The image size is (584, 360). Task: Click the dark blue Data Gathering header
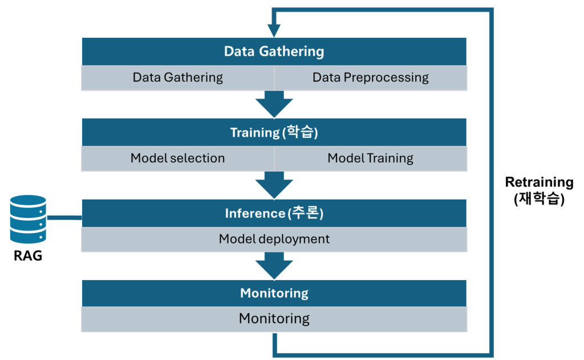click(274, 51)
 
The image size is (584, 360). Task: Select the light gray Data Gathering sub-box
click(177, 78)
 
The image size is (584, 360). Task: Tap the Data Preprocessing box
click(370, 78)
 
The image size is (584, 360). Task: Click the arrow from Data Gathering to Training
click(274, 104)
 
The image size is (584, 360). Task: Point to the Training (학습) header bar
click(274, 132)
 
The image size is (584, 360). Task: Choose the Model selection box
click(177, 158)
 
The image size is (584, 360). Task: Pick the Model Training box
click(370, 158)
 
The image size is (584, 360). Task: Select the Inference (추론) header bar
click(274, 213)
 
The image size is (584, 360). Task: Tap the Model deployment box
click(274, 239)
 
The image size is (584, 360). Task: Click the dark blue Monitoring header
click(274, 293)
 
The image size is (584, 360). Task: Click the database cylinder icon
click(28, 219)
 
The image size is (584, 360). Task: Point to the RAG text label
click(28, 256)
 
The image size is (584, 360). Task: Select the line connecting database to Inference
click(64, 217)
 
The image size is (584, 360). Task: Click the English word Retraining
click(539, 183)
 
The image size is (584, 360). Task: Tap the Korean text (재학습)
click(539, 199)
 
